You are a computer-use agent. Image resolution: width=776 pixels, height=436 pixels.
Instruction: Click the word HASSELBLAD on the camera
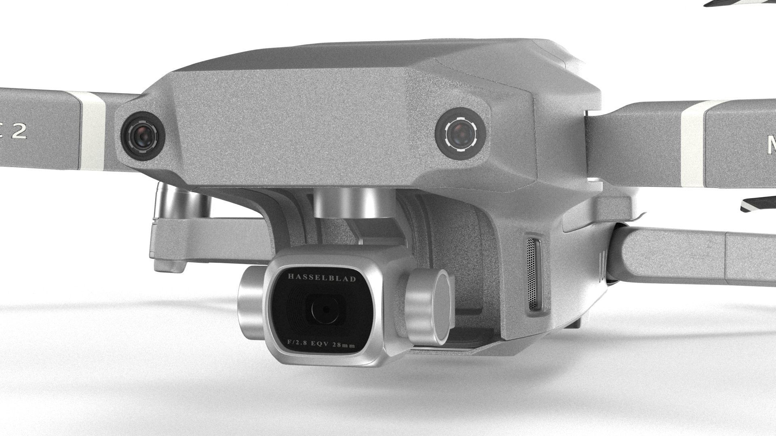(322, 278)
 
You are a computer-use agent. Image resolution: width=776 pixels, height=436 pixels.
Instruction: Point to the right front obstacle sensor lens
(461, 133)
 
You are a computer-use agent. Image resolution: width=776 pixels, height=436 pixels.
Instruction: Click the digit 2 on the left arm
(20, 132)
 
